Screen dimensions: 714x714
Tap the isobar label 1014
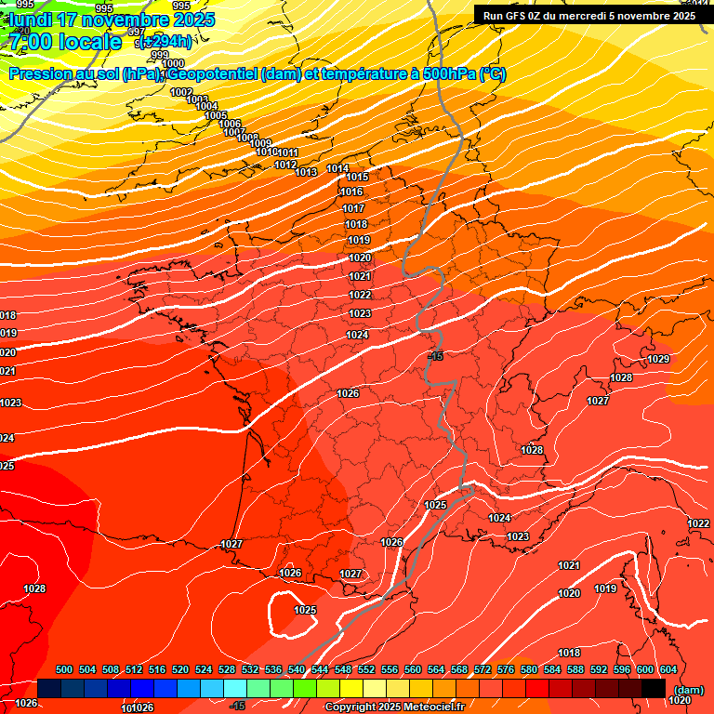point(338,169)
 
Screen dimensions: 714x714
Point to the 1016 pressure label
point(351,192)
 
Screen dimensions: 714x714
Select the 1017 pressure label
point(354,208)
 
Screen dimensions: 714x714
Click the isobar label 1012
point(286,165)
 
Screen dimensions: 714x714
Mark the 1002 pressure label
point(181,92)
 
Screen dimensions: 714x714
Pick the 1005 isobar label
point(216,115)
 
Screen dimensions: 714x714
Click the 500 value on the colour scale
point(64,669)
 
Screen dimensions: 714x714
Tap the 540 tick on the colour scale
point(297,669)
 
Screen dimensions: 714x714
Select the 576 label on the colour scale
point(506,669)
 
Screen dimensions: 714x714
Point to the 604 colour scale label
point(668,669)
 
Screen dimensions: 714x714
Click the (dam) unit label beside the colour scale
point(688,690)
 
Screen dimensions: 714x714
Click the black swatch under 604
point(654,688)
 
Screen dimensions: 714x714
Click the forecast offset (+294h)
point(166,41)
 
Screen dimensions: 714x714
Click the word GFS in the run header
point(513,15)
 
